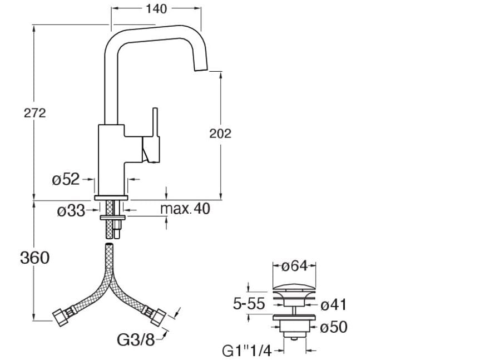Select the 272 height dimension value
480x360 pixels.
34,113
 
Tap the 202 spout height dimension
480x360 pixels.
220,134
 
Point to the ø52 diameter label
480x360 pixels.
66,179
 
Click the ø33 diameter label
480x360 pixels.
71,211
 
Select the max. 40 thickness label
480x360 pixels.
185,209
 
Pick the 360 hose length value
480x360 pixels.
34,258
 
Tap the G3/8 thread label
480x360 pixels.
136,339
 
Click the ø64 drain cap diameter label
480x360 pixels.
294,267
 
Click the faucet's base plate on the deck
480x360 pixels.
112,198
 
